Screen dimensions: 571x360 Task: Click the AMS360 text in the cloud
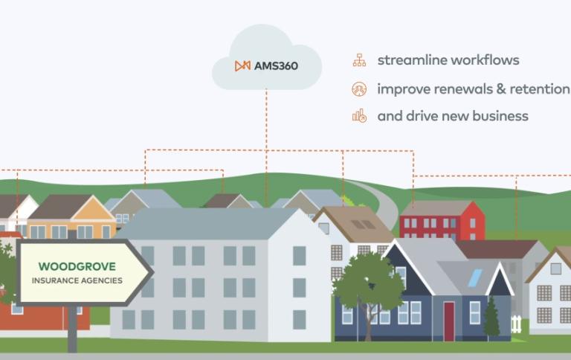click(276, 66)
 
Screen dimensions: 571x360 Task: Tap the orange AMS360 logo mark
click(242, 66)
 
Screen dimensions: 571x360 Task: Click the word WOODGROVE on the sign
click(77, 266)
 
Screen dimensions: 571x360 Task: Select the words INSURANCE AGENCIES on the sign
click(77, 280)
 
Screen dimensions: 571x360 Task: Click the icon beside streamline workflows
click(359, 60)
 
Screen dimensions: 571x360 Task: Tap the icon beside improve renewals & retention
click(359, 89)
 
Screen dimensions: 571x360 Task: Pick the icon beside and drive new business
click(359, 116)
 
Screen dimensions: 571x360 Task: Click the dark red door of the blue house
click(449, 322)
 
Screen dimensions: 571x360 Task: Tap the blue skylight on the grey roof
click(475, 278)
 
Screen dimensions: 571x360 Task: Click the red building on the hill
click(442, 220)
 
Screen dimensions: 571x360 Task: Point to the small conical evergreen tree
click(491, 317)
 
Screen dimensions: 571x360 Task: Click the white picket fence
click(516, 324)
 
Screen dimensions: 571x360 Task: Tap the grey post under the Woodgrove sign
click(72, 329)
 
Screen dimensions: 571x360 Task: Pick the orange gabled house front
click(93, 218)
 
